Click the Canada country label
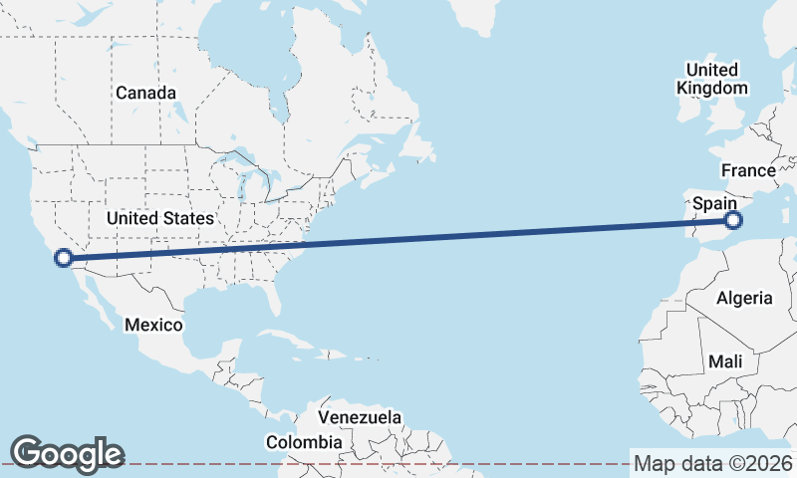click(145, 93)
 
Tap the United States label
click(159, 218)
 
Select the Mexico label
click(153, 325)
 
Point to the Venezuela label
click(360, 416)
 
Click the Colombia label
click(304, 442)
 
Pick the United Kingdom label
click(711, 79)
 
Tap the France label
click(748, 170)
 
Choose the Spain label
click(714, 203)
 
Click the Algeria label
click(744, 298)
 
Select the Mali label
click(724, 362)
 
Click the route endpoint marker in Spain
click(733, 220)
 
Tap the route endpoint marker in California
click(63, 258)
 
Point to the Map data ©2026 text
click(713, 463)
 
